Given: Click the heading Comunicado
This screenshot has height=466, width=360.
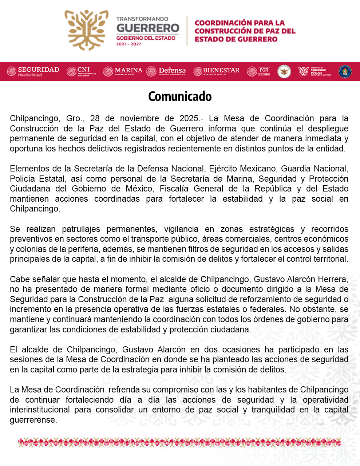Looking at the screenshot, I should pyautogui.click(x=180, y=96).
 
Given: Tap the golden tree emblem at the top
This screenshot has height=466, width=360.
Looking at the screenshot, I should pyautogui.click(x=86, y=30).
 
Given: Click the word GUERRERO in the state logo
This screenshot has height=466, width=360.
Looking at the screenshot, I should pyautogui.click(x=148, y=28).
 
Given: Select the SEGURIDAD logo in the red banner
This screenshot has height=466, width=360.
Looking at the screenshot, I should pyautogui.click(x=33, y=71).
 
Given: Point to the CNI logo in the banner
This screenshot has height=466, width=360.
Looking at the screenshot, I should pyautogui.click(x=81, y=71).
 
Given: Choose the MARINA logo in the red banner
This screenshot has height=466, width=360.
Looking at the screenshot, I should pyautogui.click(x=123, y=71).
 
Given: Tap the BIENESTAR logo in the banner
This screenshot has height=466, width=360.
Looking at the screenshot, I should pyautogui.click(x=216, y=71).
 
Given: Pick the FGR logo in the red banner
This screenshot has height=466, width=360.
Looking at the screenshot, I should pyautogui.click(x=258, y=71).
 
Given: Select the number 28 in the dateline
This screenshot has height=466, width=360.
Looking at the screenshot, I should pyautogui.click(x=95, y=119).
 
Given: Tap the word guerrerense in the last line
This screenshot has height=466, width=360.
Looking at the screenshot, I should pyautogui.click(x=33, y=420).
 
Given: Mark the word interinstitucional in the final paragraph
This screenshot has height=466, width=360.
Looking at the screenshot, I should pyautogui.click(x=40, y=410).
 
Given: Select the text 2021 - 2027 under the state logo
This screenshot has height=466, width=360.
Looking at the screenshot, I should pyautogui.click(x=128, y=44).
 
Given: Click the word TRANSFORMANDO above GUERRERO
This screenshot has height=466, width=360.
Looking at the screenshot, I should pyautogui.click(x=142, y=19).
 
